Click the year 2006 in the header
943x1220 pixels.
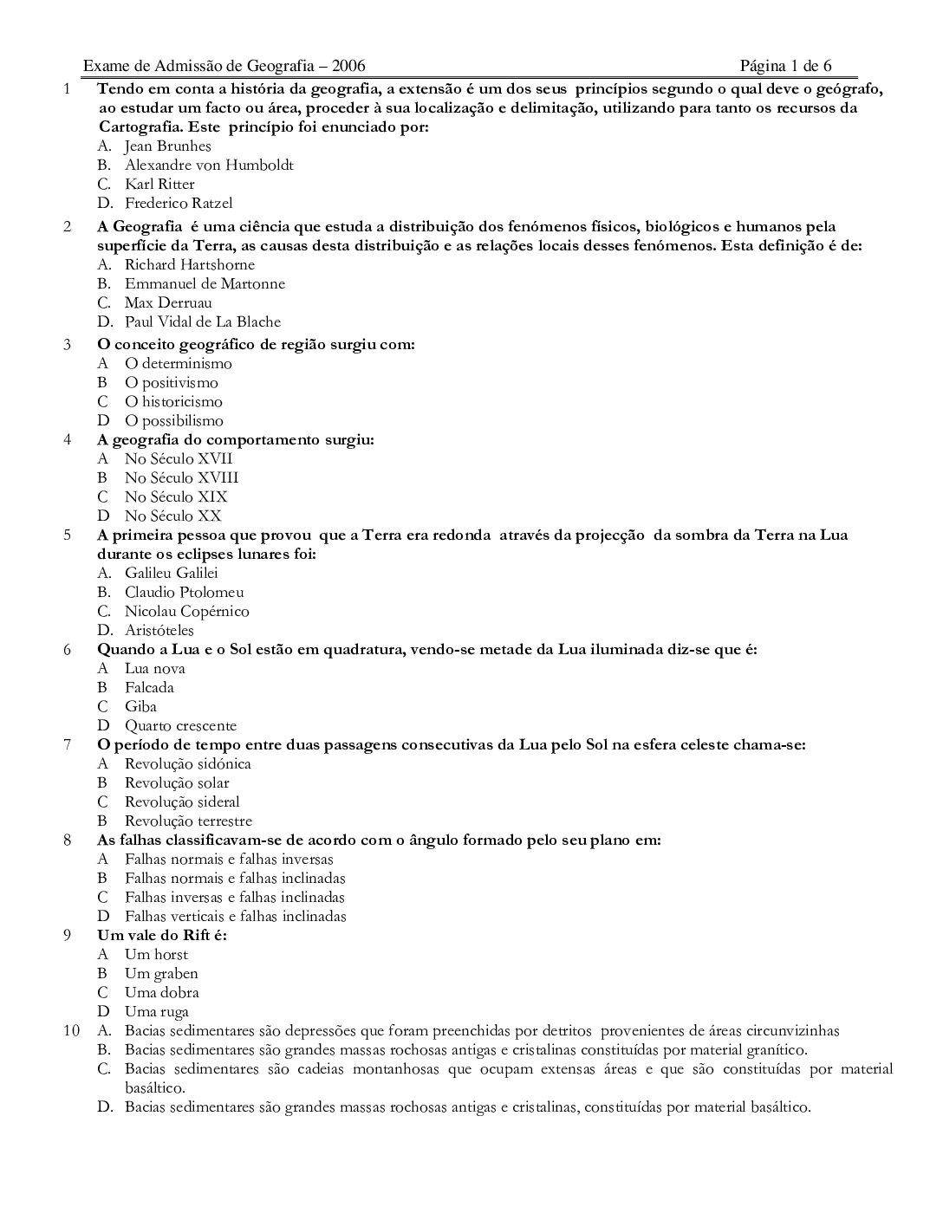[348, 66]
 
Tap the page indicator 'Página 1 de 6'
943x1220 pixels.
[786, 66]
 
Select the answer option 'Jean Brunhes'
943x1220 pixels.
[167, 146]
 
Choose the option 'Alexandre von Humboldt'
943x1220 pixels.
[209, 165]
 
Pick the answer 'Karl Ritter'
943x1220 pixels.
[159, 184]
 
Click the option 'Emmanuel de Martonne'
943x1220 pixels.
[205, 283]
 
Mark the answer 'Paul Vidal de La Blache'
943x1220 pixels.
[203, 321]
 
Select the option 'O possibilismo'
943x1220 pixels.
[173, 420]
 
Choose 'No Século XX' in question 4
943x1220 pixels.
[172, 516]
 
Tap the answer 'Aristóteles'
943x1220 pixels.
[159, 630]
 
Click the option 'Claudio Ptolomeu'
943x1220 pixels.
[184, 592]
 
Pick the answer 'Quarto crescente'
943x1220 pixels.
[180, 725]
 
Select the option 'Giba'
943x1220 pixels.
[140, 706]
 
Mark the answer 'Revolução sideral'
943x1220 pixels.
[182, 801]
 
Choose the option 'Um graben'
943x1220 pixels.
[161, 973]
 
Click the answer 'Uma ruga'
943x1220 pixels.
[156, 1011]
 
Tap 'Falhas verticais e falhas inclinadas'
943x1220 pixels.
[235, 916]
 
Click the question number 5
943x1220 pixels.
[67, 535]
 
